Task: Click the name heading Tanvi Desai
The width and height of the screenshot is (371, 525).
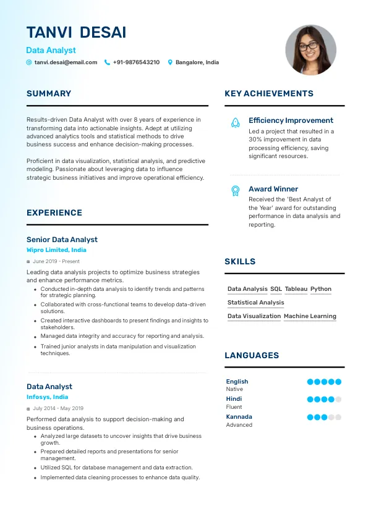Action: point(76,33)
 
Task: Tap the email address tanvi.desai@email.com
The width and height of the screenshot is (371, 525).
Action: point(66,62)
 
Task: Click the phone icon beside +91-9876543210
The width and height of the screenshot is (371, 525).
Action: point(107,62)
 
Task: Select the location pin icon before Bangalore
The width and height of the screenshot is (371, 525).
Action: point(171,62)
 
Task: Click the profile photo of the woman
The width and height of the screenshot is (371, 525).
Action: point(310,50)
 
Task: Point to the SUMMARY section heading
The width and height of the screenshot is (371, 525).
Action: point(49,94)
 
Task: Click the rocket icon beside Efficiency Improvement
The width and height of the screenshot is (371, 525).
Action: point(235,123)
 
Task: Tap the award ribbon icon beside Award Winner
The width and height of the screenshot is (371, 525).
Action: point(235,191)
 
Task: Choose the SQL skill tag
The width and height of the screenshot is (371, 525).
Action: point(276,289)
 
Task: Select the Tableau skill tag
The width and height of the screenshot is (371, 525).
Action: point(296,289)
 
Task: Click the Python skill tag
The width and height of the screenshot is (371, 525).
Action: point(321,289)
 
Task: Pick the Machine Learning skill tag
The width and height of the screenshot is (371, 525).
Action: point(310,316)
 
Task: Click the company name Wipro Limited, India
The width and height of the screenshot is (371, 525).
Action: point(56,250)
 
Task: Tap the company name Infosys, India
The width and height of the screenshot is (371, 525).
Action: point(48,397)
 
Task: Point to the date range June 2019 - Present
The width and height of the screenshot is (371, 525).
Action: point(56,261)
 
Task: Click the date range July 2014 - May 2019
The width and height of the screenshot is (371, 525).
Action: point(58,408)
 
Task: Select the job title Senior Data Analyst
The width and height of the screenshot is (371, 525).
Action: point(62,240)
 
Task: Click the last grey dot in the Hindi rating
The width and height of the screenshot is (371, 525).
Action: point(338,400)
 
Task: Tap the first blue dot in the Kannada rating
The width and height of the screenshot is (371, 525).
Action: point(310,418)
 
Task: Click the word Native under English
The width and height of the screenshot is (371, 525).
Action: point(234,389)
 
